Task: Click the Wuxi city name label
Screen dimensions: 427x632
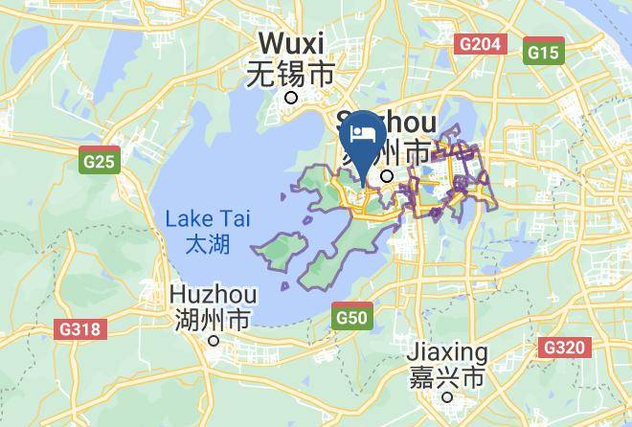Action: tap(292, 43)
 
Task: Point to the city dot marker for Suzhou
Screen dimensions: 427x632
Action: tap(388, 176)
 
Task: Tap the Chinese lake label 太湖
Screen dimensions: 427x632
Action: tap(207, 244)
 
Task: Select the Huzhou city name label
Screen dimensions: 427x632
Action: tap(213, 292)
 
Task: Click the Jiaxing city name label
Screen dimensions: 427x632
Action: tap(448, 352)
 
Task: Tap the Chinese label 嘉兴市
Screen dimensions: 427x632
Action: tap(448, 377)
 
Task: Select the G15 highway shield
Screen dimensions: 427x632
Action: tap(543, 53)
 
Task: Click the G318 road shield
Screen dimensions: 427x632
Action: tap(79, 329)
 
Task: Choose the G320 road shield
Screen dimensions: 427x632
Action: tap(563, 347)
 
